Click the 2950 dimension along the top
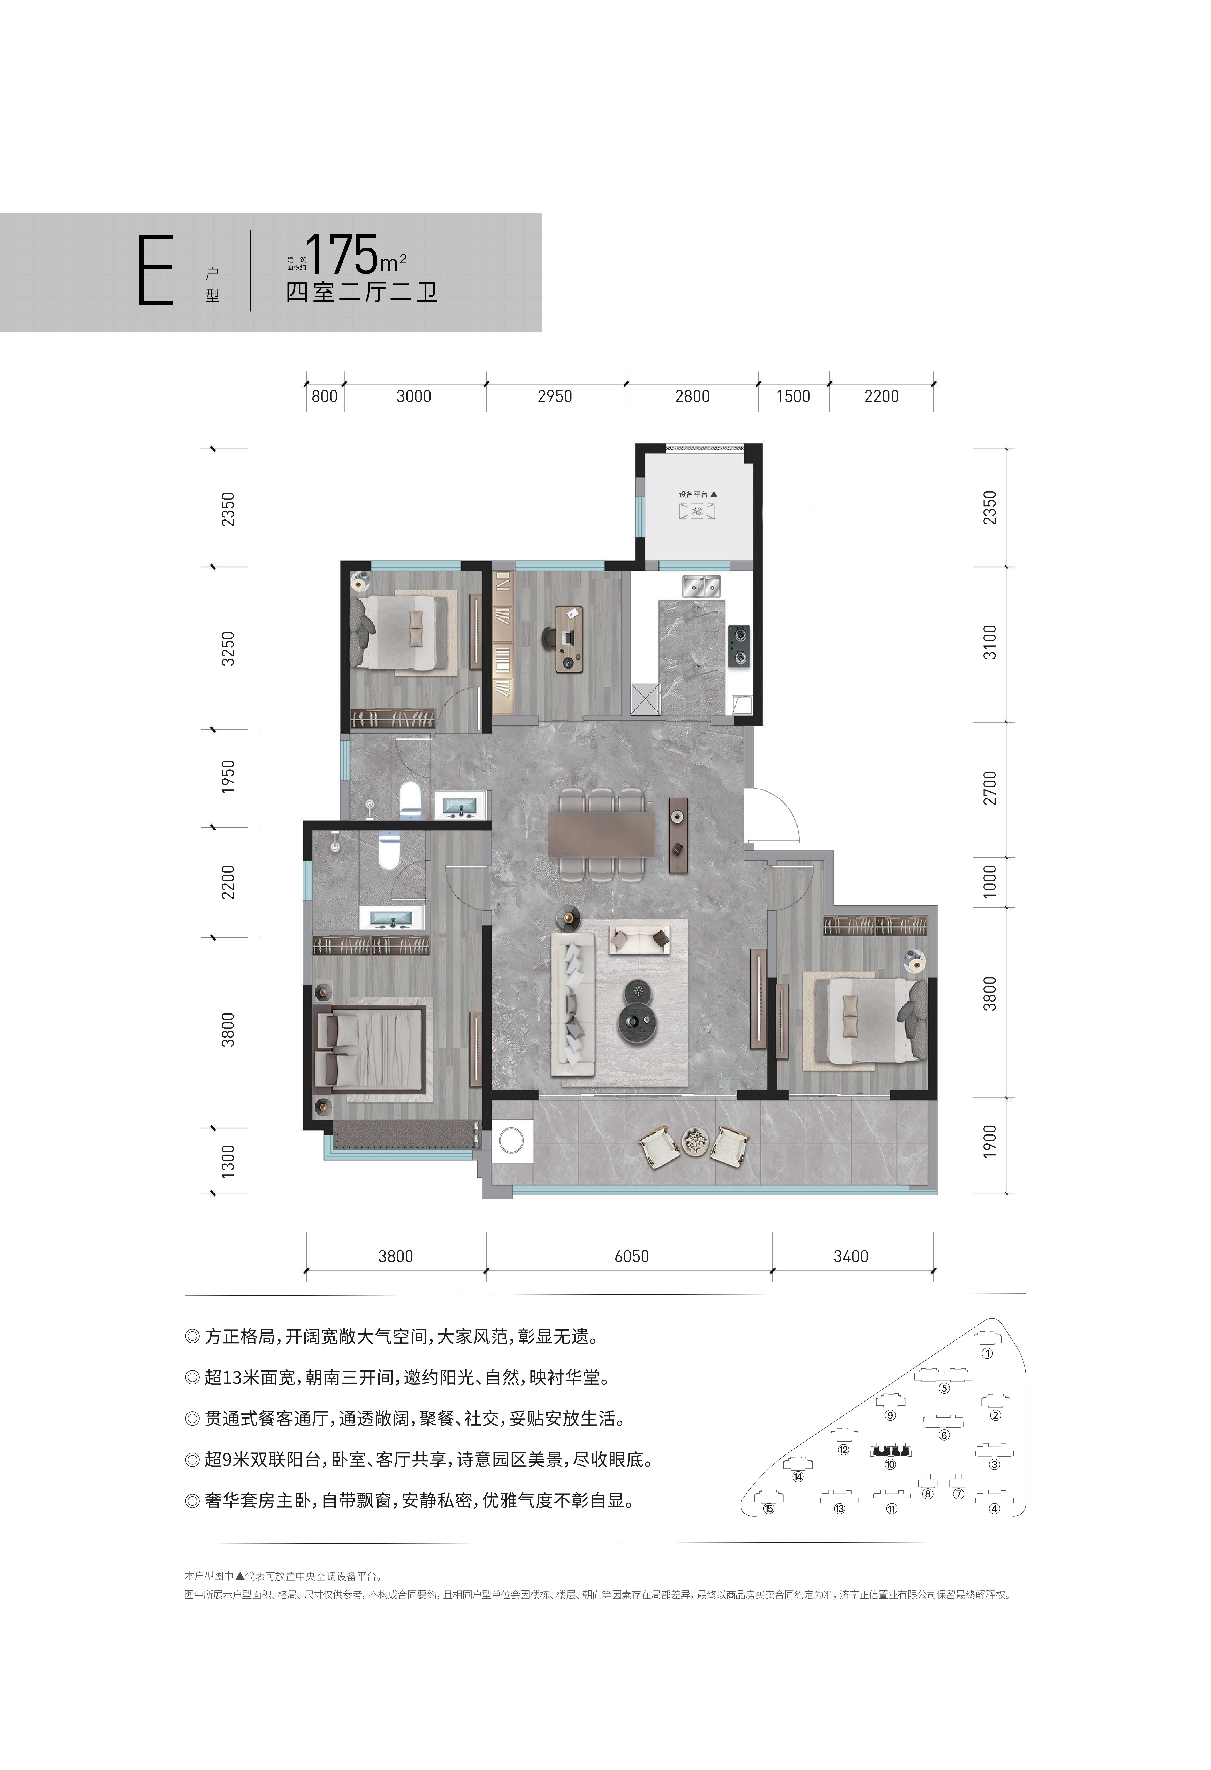pos(555,396)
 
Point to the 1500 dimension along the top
pos(793,396)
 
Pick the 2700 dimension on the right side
pos(989,788)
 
